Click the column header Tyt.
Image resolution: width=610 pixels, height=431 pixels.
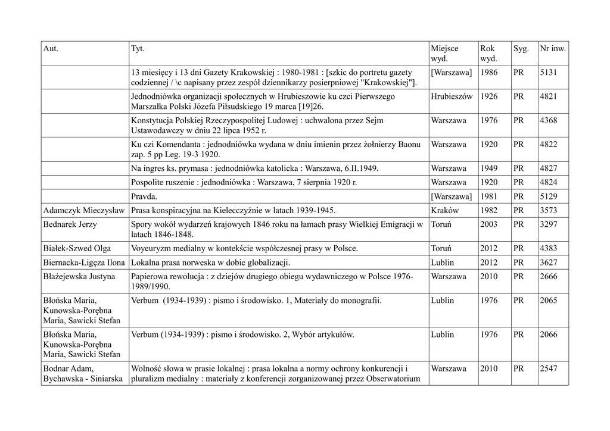pyautogui.click(x=137, y=48)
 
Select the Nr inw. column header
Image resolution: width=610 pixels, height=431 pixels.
pyautogui.click(x=552, y=48)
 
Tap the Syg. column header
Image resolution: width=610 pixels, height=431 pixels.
pyautogui.click(x=521, y=48)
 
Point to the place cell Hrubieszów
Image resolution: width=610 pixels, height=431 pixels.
pyautogui.click(x=452, y=96)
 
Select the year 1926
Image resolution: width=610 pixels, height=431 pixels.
pyautogui.click(x=488, y=96)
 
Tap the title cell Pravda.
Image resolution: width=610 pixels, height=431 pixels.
pyautogui.click(x=145, y=196)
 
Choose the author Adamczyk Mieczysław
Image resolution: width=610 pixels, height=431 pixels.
pyautogui.click(x=84, y=210)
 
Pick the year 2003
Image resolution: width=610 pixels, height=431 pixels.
pyautogui.click(x=488, y=224)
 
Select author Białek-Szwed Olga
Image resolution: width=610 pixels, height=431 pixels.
pyautogui.click(x=77, y=248)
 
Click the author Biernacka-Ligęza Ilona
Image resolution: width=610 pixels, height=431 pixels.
pyautogui.click(x=84, y=263)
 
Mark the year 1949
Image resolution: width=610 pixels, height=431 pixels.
pyautogui.click(x=488, y=168)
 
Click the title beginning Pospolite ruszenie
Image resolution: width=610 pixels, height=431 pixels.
pyautogui.click(x=244, y=182)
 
